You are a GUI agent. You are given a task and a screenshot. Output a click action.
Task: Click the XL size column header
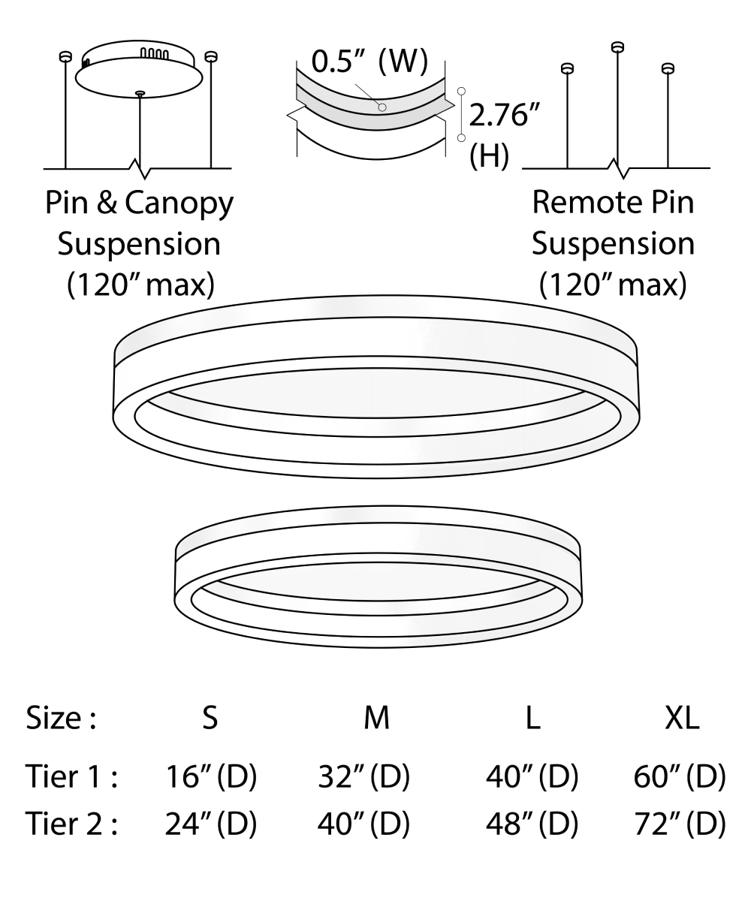click(x=682, y=719)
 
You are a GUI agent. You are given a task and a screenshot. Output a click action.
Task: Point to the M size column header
click(x=376, y=719)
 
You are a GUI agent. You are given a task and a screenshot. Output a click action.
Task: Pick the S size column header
click(x=210, y=719)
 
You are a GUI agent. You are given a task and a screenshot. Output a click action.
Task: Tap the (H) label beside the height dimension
click(x=489, y=156)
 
